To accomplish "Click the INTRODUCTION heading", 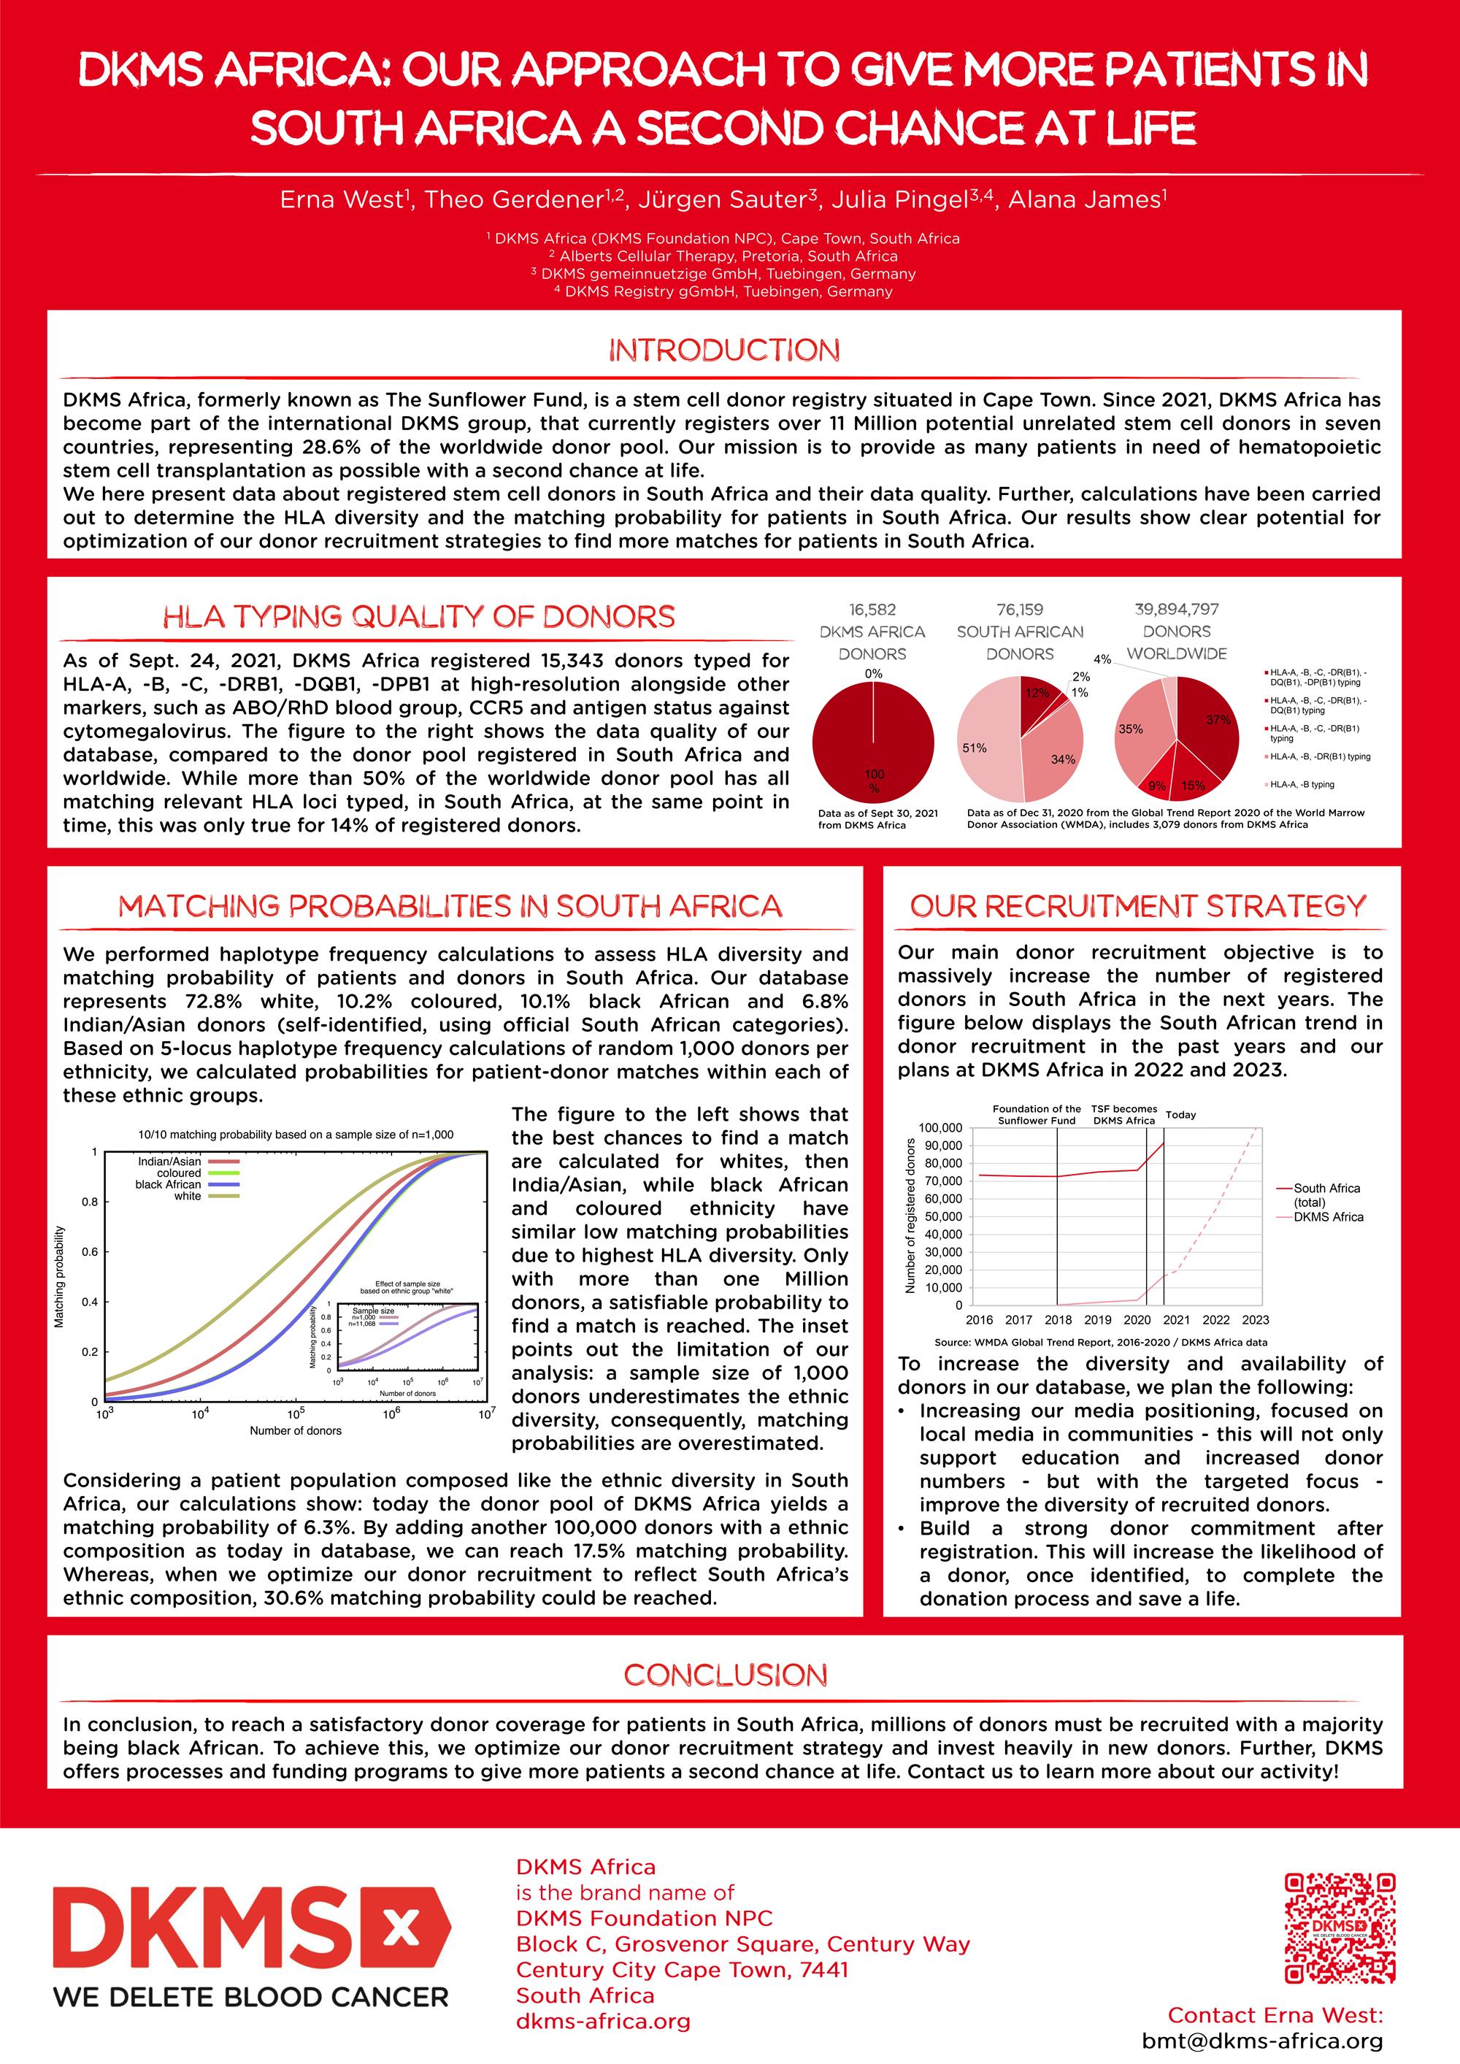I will (x=725, y=350).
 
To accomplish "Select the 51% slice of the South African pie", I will (x=985, y=742).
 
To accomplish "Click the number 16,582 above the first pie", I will (x=872, y=610).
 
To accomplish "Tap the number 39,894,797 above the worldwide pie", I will (x=1176, y=610).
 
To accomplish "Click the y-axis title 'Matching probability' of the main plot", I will (x=59, y=1276).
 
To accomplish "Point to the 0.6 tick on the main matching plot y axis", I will (x=90, y=1251).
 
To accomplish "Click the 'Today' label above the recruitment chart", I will (x=1180, y=1115).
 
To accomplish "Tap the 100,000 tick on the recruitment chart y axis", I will (x=940, y=1127).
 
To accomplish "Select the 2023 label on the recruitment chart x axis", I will (x=1255, y=1320).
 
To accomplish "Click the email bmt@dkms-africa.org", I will (x=1262, y=2041).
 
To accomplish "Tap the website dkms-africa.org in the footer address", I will (x=602, y=2022).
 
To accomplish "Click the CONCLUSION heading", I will (x=725, y=1675).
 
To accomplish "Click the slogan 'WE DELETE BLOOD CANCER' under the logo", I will (x=251, y=1997).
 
